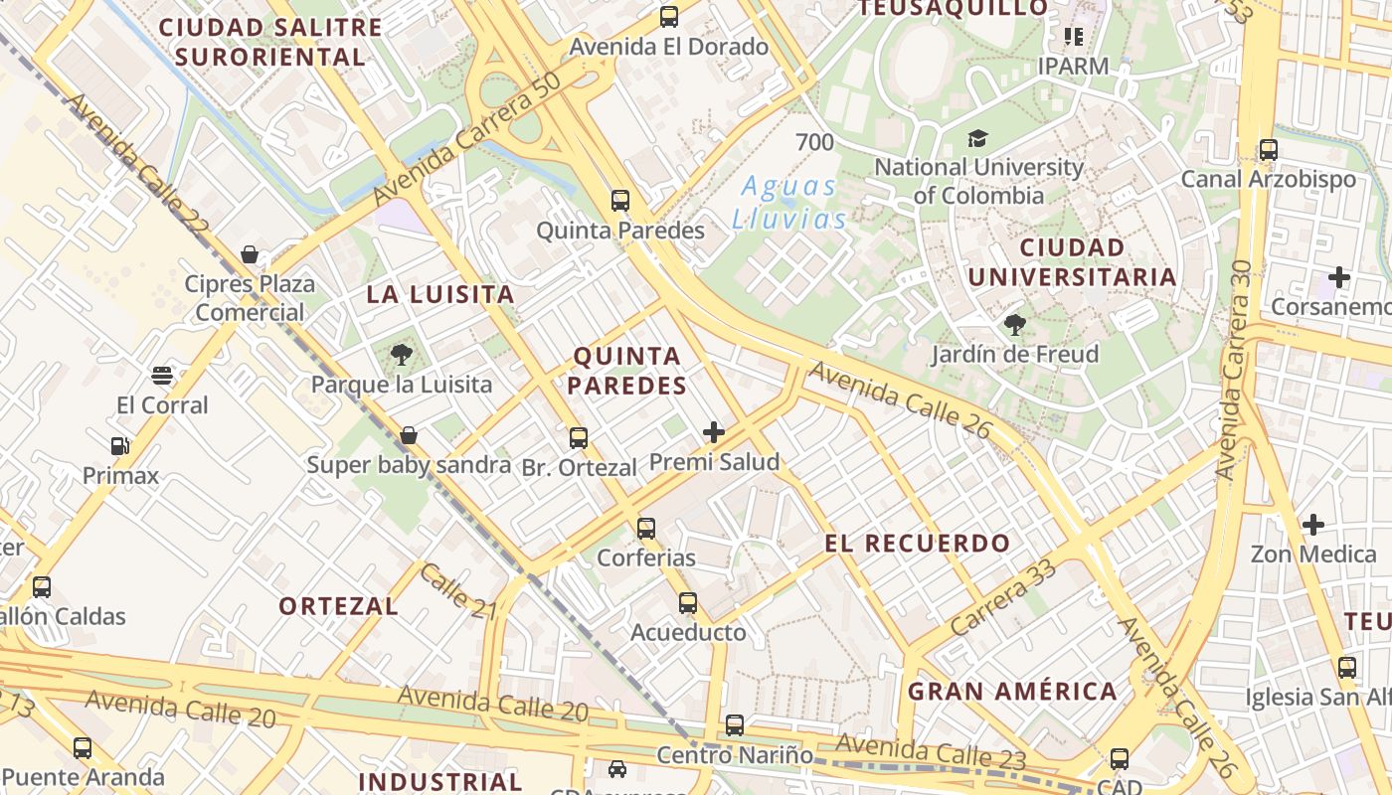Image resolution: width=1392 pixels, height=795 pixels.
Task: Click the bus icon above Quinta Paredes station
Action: [620, 201]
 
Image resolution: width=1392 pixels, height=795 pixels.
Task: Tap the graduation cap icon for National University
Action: [978, 138]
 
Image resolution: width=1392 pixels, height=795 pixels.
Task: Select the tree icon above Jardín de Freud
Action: [1014, 325]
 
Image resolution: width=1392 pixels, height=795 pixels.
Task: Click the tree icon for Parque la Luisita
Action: [402, 354]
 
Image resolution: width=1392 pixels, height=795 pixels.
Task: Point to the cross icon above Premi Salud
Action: [714, 432]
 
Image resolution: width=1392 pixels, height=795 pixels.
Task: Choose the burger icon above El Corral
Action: [162, 376]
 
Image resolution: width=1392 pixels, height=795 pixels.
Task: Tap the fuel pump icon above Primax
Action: [120, 446]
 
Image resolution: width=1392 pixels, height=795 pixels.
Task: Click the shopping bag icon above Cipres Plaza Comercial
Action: [250, 255]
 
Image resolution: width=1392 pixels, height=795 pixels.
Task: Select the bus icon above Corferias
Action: [646, 529]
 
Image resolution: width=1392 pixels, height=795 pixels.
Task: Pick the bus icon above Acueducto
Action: [688, 603]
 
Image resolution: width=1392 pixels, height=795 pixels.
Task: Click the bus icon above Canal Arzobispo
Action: [1269, 150]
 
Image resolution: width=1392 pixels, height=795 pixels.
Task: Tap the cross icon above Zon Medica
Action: [1313, 524]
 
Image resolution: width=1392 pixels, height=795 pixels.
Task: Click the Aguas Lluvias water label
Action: [789, 202]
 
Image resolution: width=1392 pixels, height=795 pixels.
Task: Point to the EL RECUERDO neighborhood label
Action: [917, 544]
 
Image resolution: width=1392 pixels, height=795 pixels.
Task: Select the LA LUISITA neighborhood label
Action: [440, 294]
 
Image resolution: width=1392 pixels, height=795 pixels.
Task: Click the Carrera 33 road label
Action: [1002, 598]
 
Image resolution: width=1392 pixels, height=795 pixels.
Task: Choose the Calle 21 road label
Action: [457, 591]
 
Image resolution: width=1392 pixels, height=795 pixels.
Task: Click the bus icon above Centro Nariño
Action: [735, 725]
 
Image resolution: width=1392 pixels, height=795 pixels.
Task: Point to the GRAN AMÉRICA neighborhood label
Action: [1013, 691]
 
